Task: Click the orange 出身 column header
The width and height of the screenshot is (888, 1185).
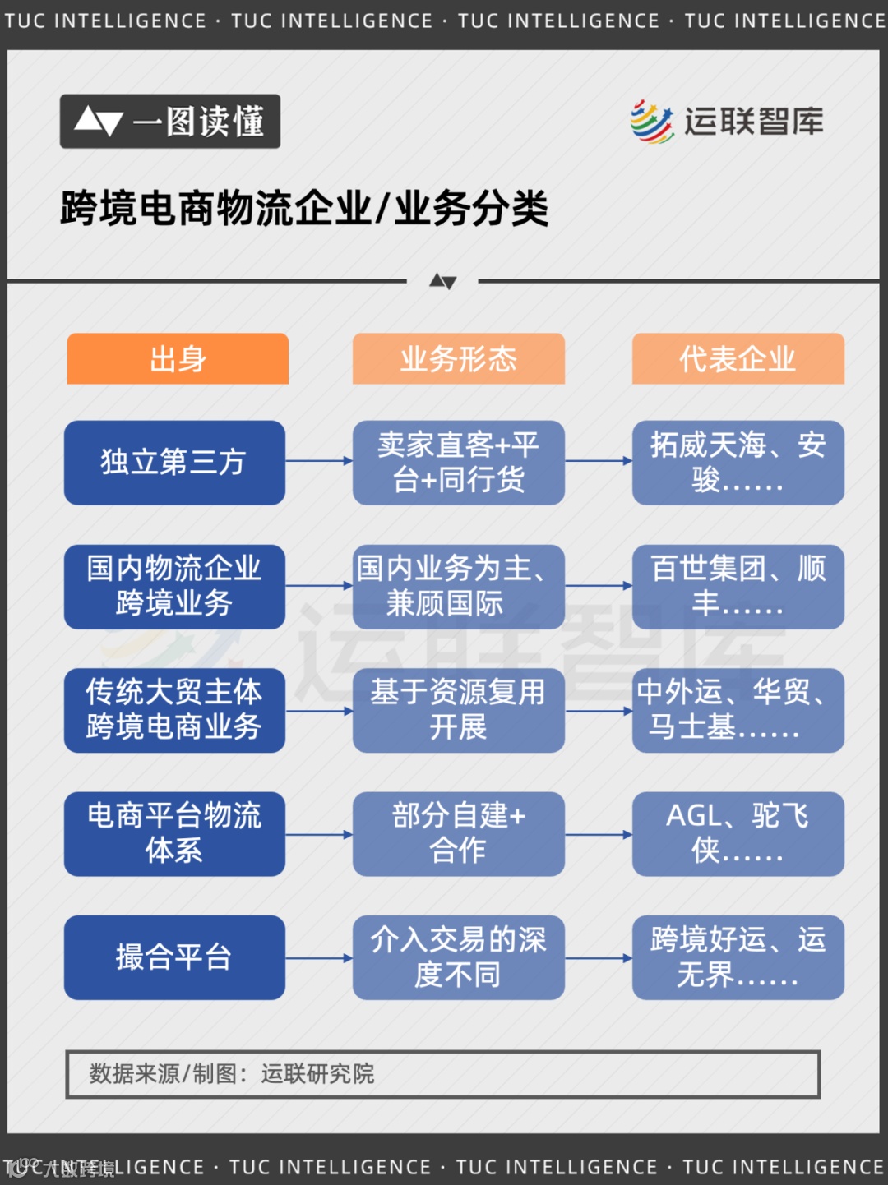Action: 178,358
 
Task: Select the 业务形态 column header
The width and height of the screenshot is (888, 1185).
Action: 458,358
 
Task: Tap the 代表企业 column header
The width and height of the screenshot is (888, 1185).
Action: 738,358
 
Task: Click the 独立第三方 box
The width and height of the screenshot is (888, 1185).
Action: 174,463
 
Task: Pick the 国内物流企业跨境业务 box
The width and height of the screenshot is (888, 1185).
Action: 174,587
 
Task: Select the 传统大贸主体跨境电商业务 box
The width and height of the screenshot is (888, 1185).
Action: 174,710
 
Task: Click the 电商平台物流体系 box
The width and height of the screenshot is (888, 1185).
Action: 174,833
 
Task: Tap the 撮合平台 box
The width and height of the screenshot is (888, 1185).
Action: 174,957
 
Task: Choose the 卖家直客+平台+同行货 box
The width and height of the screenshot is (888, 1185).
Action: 458,463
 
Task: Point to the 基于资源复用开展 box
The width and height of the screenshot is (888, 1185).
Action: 458,710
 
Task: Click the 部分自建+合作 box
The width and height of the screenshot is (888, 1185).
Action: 458,833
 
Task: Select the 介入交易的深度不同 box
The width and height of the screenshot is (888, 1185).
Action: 458,957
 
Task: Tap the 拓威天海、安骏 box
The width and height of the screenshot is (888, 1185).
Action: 738,463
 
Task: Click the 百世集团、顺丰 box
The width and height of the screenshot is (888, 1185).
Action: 738,587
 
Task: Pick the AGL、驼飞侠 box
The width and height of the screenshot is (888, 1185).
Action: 738,833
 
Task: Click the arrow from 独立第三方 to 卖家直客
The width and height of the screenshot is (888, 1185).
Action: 319,461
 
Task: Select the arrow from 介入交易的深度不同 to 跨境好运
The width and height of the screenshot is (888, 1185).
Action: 599,958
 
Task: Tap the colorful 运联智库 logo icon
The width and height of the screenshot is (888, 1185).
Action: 652,122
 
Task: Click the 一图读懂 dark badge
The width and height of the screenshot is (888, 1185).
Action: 170,122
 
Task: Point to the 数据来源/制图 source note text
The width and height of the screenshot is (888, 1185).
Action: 232,1073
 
